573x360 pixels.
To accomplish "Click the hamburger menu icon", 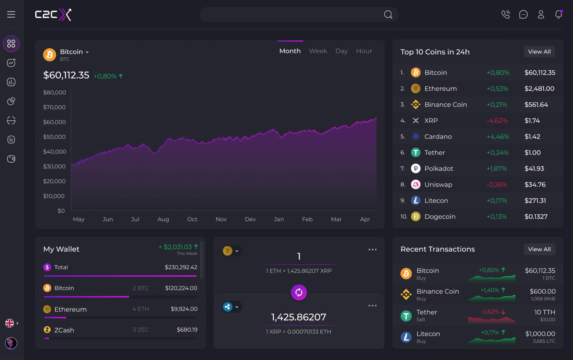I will click(11, 14).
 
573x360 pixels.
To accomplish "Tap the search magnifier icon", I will click(388, 15).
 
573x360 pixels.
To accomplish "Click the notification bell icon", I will click(558, 14).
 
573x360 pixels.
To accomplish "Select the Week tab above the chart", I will click(318, 51).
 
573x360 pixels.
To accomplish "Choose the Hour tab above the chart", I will click(364, 51).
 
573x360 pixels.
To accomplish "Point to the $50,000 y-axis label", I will click(54, 137).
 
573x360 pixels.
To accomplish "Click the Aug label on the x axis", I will click(163, 219).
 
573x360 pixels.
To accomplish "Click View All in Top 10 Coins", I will click(539, 52).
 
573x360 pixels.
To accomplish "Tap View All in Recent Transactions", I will click(539, 249).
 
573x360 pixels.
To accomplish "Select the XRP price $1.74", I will click(532, 121).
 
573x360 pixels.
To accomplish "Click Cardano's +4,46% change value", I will click(498, 137).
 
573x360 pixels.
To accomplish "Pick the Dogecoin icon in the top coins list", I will click(415, 216).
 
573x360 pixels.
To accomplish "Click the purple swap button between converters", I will click(299, 292).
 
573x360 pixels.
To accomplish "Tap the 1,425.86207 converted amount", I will click(299, 317).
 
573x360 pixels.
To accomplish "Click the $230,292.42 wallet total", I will click(181, 267).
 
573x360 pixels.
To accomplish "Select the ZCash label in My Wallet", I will click(64, 330).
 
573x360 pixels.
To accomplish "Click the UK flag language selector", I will click(10, 323).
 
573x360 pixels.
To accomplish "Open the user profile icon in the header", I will click(541, 14).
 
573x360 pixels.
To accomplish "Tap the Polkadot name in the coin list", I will click(439, 169).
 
